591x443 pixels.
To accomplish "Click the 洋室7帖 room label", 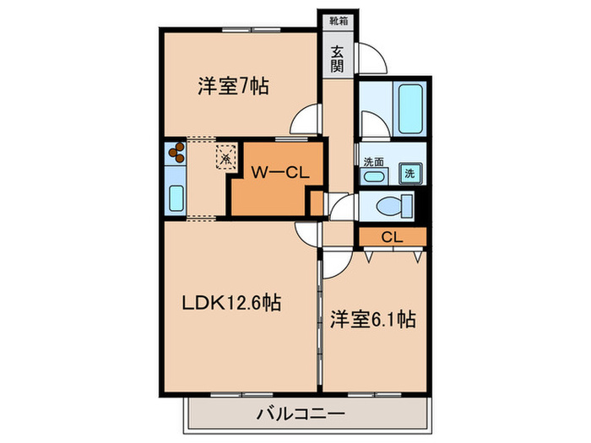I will pyautogui.click(x=233, y=86).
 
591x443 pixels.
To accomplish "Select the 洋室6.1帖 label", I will pyautogui.click(x=371, y=321).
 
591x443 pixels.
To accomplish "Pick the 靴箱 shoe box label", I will pyautogui.click(x=338, y=16).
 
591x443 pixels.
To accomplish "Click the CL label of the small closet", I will pyautogui.click(x=390, y=237).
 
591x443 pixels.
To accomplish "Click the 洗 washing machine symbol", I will pyautogui.click(x=409, y=173).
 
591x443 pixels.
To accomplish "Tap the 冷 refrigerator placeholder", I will pyautogui.click(x=225, y=156).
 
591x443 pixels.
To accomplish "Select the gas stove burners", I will pyautogui.click(x=176, y=154).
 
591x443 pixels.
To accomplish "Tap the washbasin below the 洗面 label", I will pyautogui.click(x=374, y=176).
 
